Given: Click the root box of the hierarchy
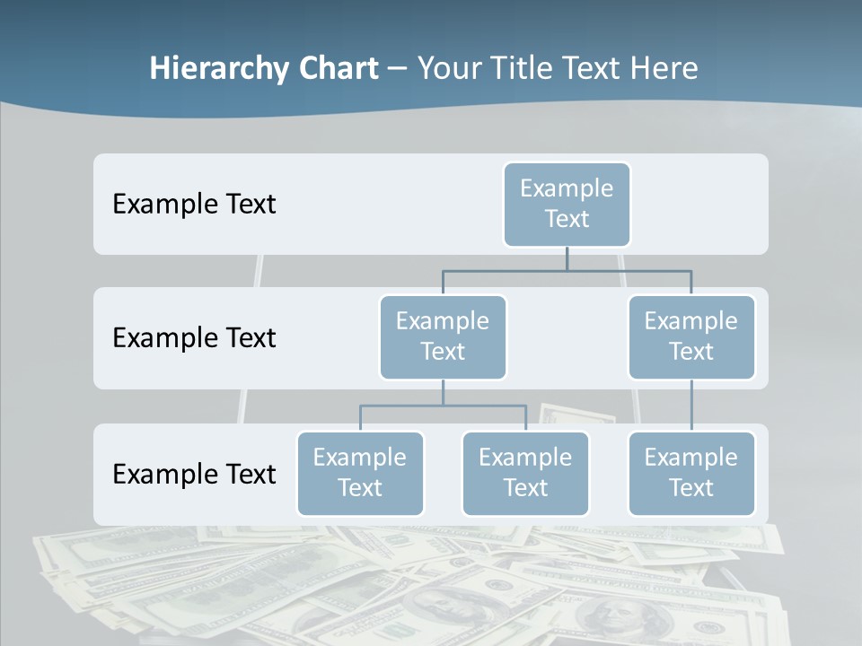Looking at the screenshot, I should [567, 204].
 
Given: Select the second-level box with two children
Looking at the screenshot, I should [443, 336].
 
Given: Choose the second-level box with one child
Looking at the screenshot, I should [690, 336].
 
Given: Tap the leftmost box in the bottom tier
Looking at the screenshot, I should [360, 473].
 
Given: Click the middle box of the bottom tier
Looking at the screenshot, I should [525, 473].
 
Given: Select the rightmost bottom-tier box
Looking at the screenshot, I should [690, 473].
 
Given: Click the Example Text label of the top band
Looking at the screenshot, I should [194, 205].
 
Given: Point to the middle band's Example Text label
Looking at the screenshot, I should [194, 338].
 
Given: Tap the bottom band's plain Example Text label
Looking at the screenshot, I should [194, 475].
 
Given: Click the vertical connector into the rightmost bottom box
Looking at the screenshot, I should [690, 406].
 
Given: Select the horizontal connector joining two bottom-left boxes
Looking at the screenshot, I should [443, 406].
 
